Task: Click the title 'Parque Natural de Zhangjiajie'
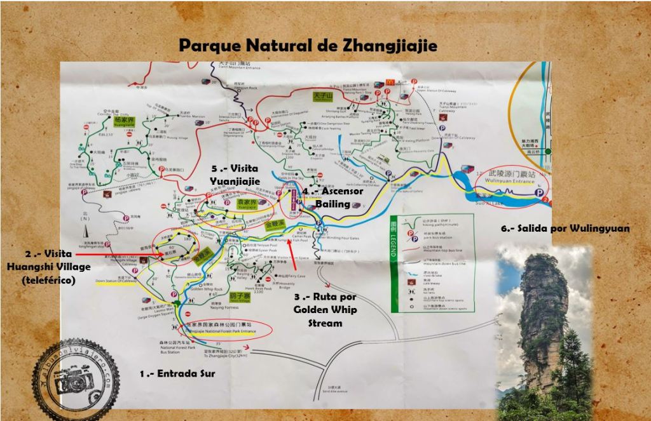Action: pyautogui.click(x=308, y=46)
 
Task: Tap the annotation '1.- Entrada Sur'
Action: pyautogui.click(x=177, y=374)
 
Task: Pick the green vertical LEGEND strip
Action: pyautogui.click(x=397, y=241)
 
